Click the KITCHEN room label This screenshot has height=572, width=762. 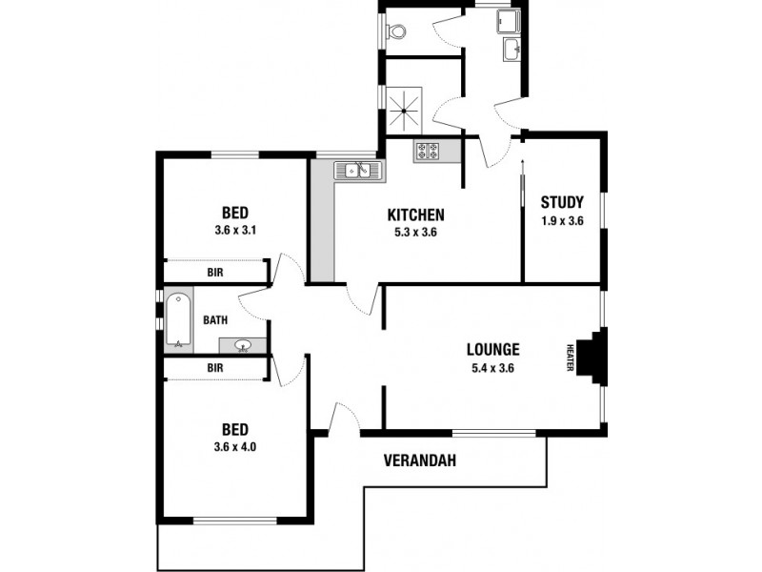(x=415, y=214)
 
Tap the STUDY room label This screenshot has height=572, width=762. (x=562, y=202)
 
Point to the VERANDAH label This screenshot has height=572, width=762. (x=419, y=460)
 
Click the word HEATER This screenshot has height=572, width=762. (x=571, y=357)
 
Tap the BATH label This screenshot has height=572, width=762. (x=214, y=320)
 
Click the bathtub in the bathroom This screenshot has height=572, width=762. (x=178, y=320)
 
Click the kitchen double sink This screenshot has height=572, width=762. (x=357, y=171)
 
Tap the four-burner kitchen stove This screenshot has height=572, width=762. (x=426, y=151)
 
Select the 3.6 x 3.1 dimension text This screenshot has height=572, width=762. (x=236, y=230)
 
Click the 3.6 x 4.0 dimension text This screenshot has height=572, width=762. (x=236, y=445)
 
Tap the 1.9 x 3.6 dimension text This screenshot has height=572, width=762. (x=562, y=220)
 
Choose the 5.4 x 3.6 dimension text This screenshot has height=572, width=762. (x=492, y=368)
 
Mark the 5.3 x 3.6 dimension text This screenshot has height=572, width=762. (x=415, y=232)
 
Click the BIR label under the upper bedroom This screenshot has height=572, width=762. (x=215, y=273)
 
